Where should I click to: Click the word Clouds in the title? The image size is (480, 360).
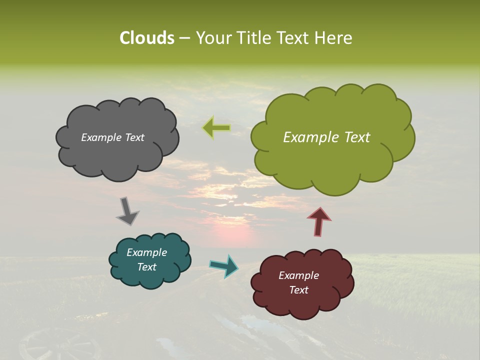[146, 38]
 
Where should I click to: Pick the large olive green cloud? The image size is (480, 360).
[332, 160]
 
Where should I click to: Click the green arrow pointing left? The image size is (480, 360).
[216, 128]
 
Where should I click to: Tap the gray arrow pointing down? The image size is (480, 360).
[127, 210]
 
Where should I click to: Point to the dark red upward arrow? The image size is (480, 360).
[319, 221]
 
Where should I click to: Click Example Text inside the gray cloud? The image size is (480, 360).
[112, 137]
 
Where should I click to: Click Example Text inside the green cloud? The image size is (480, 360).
[326, 137]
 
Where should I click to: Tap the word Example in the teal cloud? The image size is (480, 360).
[146, 252]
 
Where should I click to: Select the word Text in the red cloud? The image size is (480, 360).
[298, 290]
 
